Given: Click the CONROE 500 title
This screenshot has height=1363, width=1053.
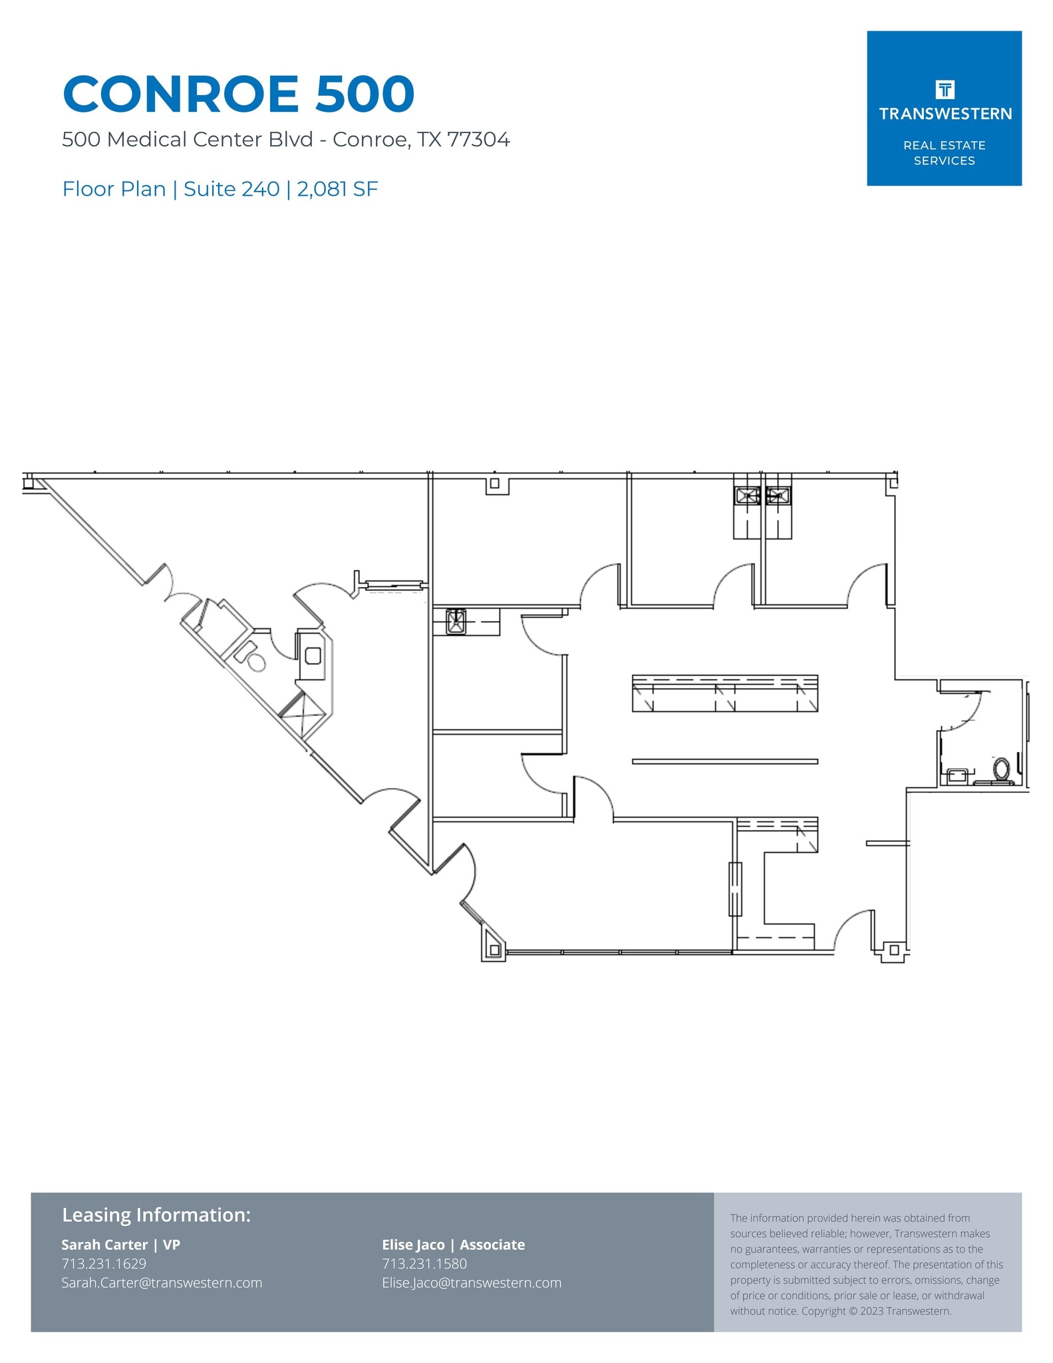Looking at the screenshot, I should [x=238, y=94].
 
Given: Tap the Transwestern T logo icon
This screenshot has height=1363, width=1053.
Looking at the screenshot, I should [x=944, y=89].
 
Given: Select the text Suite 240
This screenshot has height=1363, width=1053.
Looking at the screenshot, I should [x=231, y=189].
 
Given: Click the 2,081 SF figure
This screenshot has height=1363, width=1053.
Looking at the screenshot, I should [x=337, y=189].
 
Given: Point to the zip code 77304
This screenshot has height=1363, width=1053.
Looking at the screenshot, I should [x=478, y=140].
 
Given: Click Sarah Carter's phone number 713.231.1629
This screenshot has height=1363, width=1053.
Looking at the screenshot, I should [x=104, y=1263].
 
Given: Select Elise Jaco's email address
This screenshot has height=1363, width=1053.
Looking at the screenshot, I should [x=471, y=1282].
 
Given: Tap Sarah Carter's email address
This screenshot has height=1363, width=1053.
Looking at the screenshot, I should [x=162, y=1282].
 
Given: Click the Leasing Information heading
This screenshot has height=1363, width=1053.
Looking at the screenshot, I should [x=156, y=1215].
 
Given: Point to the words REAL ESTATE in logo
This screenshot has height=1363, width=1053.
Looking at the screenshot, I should [x=944, y=145].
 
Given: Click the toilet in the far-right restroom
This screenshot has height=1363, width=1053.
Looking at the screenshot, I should [x=1001, y=769].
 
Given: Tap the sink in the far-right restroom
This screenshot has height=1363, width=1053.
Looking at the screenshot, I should [x=957, y=775].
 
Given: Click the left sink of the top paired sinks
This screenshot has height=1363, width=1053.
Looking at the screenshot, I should [x=747, y=495].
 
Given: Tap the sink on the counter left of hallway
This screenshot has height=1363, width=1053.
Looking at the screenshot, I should [x=456, y=622].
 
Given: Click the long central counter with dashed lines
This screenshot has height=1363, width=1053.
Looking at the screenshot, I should [x=724, y=693].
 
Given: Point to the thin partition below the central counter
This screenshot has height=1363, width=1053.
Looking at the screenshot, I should [x=724, y=761].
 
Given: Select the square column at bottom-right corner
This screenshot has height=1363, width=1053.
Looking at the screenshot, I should [x=894, y=950].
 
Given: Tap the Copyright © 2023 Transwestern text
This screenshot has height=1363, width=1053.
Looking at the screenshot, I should [x=876, y=1311].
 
